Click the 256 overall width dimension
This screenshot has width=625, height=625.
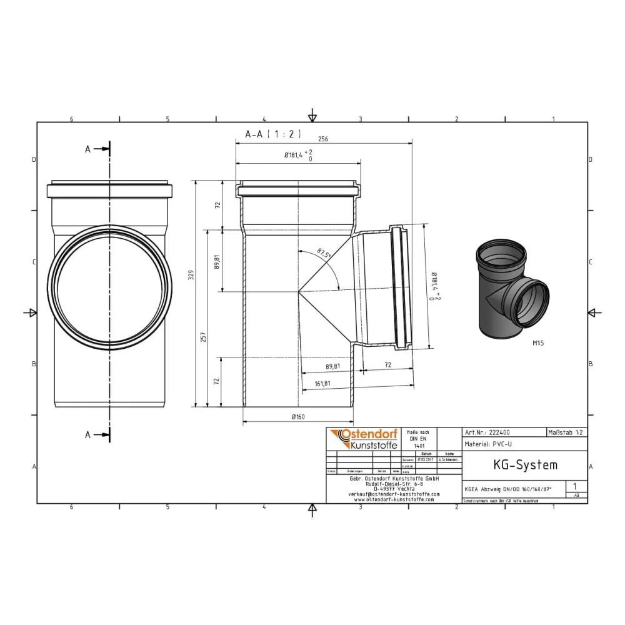(323, 139)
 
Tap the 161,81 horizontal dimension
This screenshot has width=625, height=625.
(322, 384)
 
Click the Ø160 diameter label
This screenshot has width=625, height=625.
(298, 417)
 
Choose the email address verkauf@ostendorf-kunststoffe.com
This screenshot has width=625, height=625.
(394, 494)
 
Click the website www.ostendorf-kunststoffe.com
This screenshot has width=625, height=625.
(394, 499)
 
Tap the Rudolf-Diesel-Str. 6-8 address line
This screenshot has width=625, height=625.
(394, 483)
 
